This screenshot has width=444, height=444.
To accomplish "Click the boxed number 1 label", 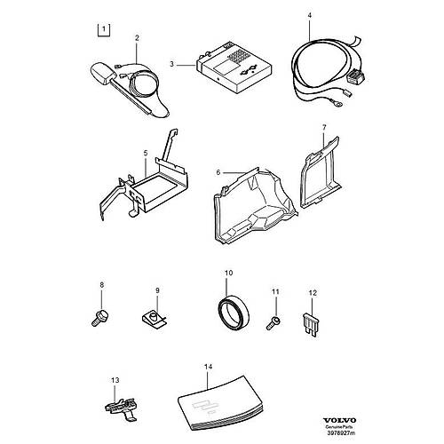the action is pos(104,29).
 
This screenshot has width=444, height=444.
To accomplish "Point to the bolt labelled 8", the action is pos(101,318).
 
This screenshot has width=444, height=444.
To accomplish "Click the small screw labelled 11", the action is pos(273,323).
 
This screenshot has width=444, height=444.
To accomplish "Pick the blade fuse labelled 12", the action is pos(311,323).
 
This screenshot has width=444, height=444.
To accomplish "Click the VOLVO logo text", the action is pos(339,420).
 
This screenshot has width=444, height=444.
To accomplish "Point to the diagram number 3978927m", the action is pos(340,432).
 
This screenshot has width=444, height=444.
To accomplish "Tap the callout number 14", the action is pos(208,367).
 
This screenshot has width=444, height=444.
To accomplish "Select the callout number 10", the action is pos(228,273).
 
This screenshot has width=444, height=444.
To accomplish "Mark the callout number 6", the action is pos(218,172).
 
